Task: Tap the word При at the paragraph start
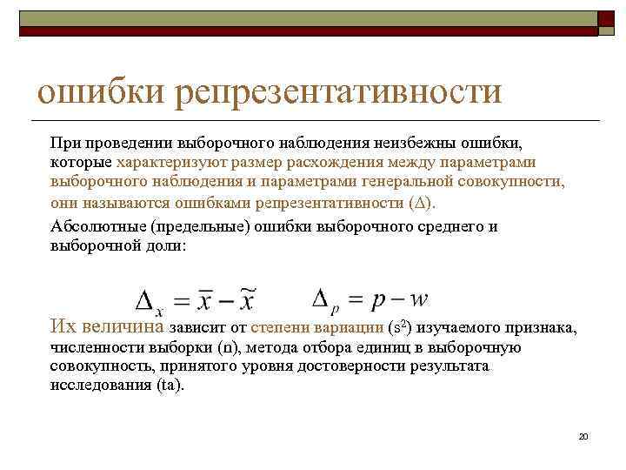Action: (64, 141)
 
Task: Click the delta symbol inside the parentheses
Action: (423, 203)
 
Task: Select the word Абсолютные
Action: (96, 225)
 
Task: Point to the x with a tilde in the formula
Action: (247, 301)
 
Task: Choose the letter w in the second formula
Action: (418, 299)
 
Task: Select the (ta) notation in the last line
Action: (170, 386)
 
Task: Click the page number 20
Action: (583, 435)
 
